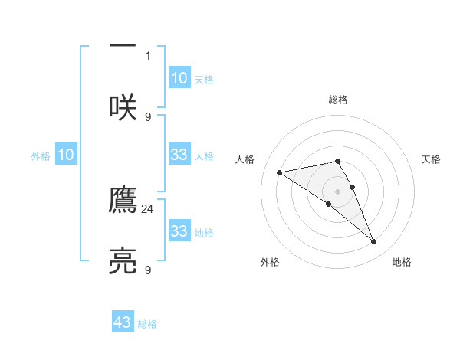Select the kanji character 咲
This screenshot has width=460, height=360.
(x=123, y=107)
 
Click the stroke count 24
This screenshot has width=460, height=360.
(x=149, y=208)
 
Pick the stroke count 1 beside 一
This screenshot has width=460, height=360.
(x=148, y=55)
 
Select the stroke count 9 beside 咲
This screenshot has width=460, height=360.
(x=148, y=116)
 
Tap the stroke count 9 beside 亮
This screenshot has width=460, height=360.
(x=148, y=270)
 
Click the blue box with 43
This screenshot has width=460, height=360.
(x=123, y=322)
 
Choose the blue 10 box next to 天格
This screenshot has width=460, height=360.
(x=179, y=78)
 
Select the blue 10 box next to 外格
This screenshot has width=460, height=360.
(x=66, y=155)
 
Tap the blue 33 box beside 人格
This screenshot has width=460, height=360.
(x=179, y=155)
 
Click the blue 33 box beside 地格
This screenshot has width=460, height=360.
(x=179, y=231)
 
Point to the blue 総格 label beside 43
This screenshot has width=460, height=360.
(x=147, y=324)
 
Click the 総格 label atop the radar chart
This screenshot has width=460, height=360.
(x=337, y=100)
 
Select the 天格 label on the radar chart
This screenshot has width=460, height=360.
(x=431, y=159)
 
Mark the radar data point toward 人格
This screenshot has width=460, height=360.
(x=280, y=172)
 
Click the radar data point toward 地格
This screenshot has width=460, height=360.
(x=374, y=241)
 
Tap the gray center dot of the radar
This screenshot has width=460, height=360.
(x=337, y=191)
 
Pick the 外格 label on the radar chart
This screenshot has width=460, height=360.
(x=270, y=263)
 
